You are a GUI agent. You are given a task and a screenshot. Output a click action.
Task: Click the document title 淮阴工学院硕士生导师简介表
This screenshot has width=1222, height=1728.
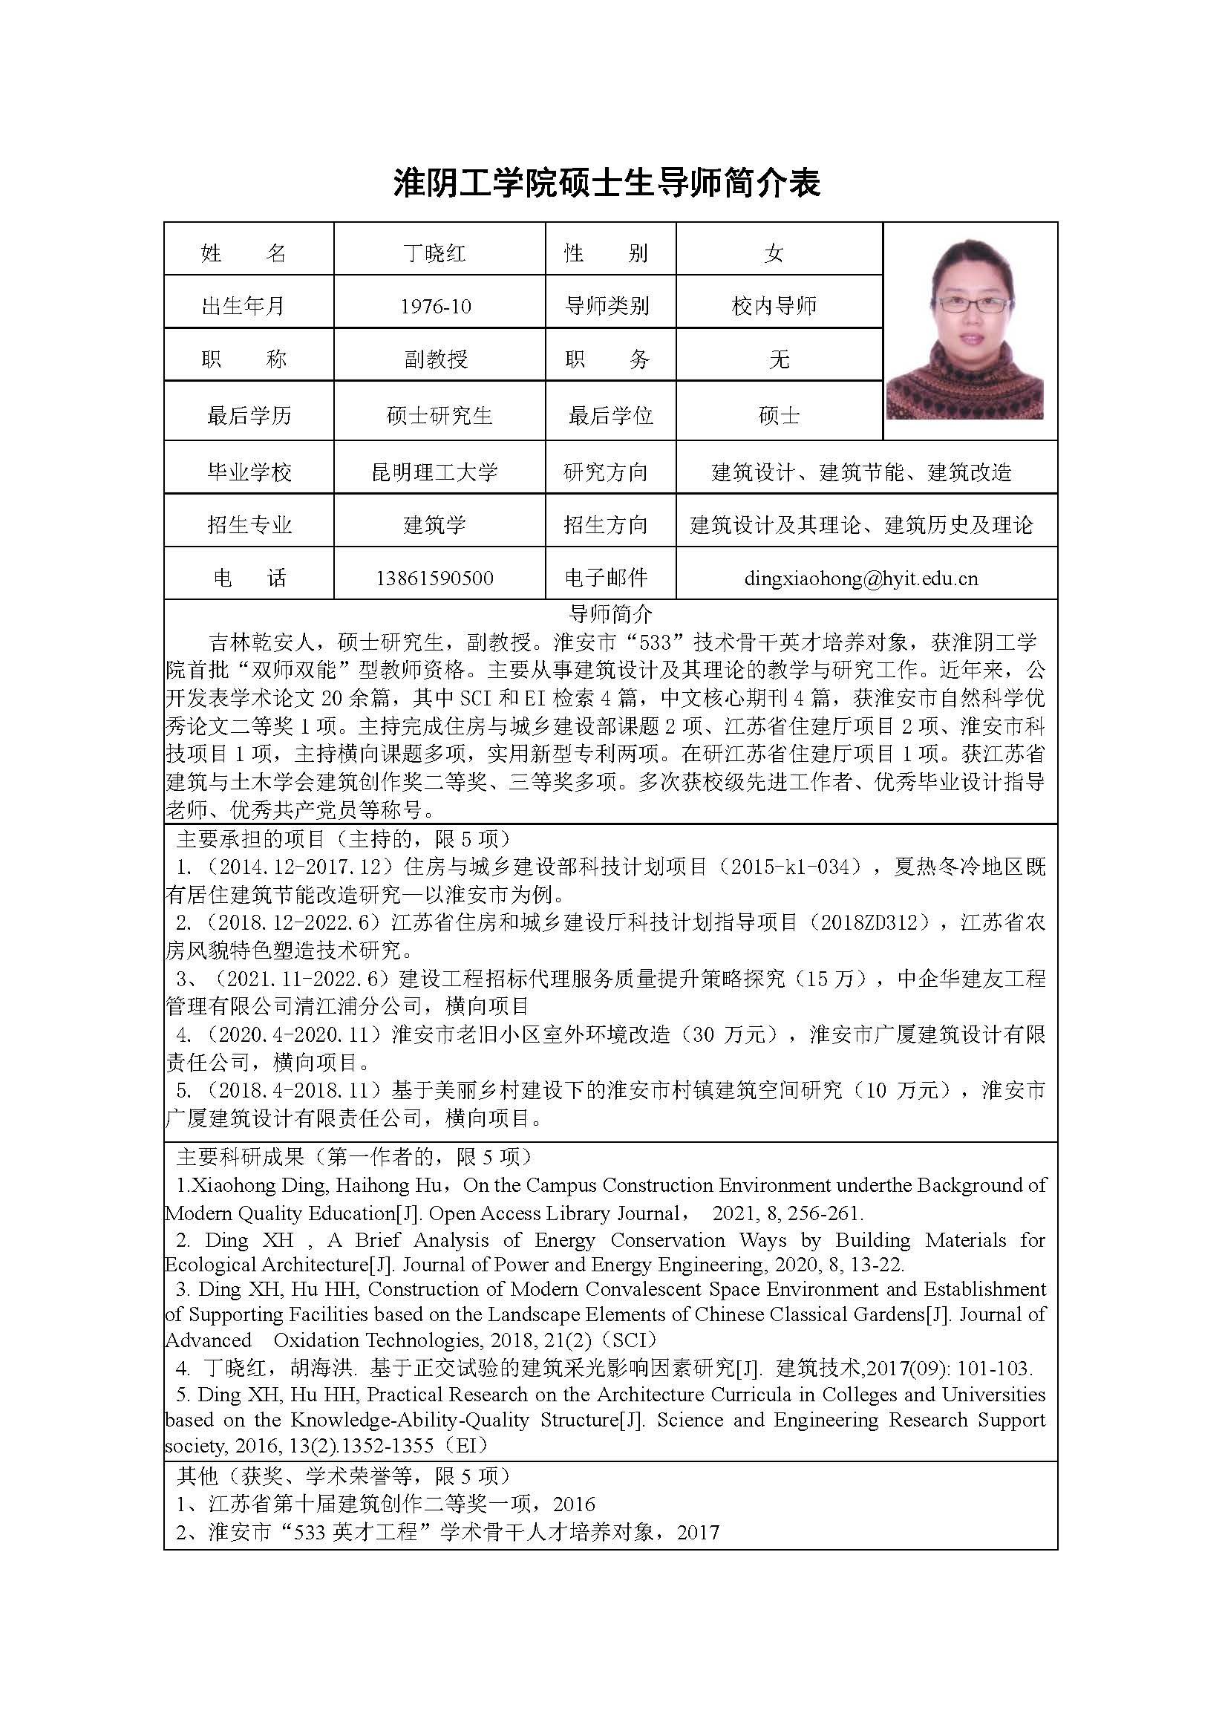coord(607,183)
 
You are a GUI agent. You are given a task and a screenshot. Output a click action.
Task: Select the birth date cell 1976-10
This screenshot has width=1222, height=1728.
coord(436,305)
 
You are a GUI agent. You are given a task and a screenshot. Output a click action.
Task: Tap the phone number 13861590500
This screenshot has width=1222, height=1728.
coord(434,578)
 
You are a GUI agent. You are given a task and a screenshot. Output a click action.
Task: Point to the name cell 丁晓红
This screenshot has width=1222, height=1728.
coord(434,253)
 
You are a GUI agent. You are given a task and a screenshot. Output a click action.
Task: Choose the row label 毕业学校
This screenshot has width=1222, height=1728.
coord(248,472)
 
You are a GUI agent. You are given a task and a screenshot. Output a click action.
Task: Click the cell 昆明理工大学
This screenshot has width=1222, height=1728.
coord(434,472)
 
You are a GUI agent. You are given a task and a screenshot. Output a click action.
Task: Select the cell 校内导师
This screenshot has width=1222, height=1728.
coord(774,305)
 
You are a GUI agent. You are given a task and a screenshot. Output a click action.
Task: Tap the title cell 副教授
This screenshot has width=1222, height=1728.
coord(436,359)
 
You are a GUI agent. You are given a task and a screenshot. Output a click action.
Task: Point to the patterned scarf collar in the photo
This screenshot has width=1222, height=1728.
coord(964,376)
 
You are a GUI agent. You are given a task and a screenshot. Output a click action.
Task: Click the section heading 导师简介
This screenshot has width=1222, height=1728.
coord(610,613)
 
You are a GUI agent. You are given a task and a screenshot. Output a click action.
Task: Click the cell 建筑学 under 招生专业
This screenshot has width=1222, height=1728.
coord(434,524)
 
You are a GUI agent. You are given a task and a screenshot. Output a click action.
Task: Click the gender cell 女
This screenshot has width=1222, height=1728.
coord(774,253)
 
